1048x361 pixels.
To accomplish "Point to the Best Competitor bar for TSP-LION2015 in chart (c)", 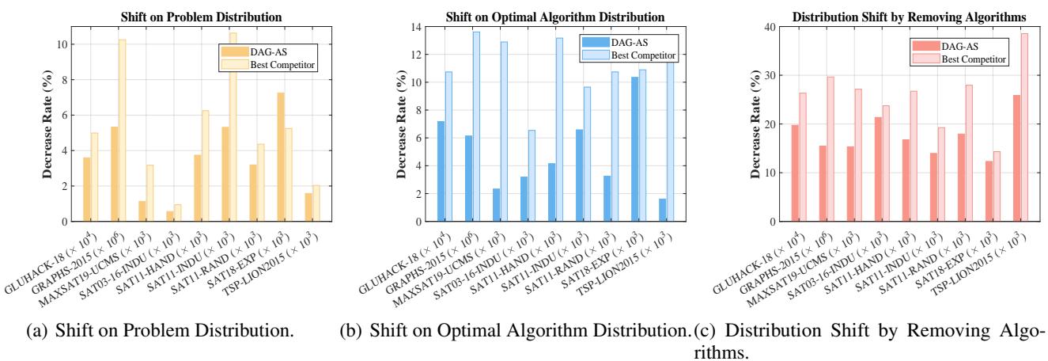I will [1023, 127].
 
